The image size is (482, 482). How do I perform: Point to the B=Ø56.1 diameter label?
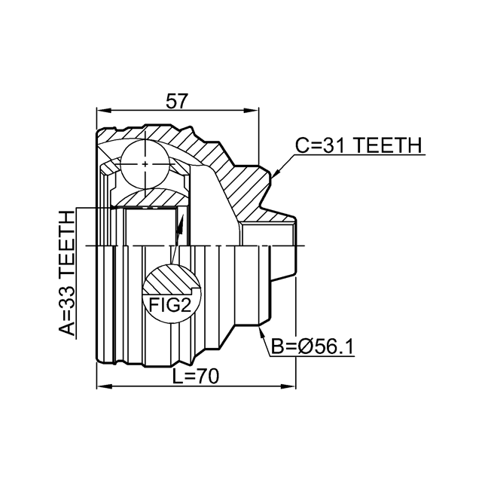coord(312,347)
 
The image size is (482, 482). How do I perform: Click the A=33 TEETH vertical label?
coord(68,274)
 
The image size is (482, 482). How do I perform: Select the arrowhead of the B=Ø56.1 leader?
coord(260,329)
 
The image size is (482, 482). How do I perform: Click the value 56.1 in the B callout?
coord(332,347)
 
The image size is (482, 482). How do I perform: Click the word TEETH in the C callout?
coord(385,146)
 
